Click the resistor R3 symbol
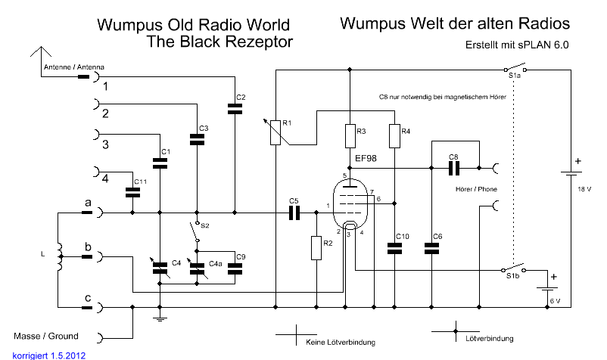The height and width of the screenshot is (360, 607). click(350, 135)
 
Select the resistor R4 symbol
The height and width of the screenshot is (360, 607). click(394, 135)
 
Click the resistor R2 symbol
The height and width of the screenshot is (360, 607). click(316, 247)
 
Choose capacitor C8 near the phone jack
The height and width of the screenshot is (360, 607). click(453, 167)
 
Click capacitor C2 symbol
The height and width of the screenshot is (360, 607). click(235, 109)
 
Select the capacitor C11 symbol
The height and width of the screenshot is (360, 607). click(133, 192)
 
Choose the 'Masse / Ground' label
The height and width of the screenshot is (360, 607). click(46, 336)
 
